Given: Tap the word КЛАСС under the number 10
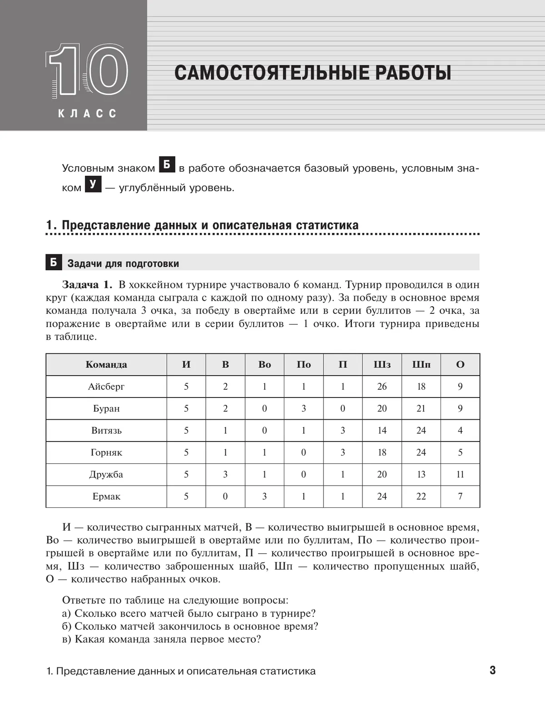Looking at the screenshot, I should coord(87,114).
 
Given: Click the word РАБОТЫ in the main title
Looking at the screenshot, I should coord(405,73).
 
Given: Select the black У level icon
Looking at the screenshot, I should coord(93,184).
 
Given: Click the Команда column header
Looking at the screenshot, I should coord(106,365).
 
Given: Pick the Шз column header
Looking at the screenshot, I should coord(382,365).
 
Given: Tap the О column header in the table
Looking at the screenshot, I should coord(460,365).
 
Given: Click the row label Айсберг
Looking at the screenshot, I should coord(106,387).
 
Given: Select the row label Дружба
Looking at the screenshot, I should coord(106,474).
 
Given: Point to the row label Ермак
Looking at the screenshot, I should coord(106,497).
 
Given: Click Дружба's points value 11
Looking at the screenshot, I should coord(460,474).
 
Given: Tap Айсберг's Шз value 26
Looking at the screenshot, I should coord(382,387).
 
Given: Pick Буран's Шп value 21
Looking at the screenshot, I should coord(421,408).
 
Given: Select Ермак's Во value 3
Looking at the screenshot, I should coord(264,497).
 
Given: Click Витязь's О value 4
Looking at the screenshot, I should coord(460,430).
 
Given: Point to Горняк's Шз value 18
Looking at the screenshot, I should coord(382,452).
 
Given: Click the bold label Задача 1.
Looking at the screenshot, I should coord(87,285).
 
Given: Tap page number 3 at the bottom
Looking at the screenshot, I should coord(492,670).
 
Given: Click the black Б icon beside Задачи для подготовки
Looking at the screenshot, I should coord(54,263).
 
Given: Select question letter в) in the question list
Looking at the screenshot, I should coord(67,639).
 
